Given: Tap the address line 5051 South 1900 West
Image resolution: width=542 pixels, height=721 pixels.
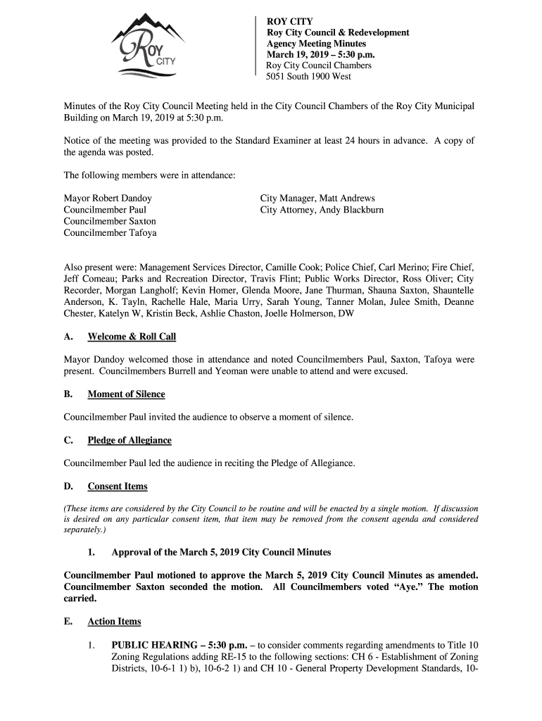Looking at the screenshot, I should [308, 77].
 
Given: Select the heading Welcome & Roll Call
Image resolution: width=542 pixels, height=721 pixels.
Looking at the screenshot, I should [132, 337].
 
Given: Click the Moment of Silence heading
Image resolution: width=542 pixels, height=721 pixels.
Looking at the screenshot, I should [126, 394].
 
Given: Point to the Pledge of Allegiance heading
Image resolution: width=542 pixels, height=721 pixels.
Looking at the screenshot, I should [130, 441].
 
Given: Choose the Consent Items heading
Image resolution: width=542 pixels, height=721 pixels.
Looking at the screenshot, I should [118, 487].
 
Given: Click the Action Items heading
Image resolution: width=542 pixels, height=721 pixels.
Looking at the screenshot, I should [114, 622].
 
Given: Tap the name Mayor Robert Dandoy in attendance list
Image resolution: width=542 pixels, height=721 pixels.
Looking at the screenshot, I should [108, 199].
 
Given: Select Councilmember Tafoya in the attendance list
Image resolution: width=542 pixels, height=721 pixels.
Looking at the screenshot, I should [110, 233].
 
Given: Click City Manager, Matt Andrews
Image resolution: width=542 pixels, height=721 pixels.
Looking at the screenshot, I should [317, 199].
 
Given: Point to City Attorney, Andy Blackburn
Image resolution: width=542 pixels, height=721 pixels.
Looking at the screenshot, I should [322, 211].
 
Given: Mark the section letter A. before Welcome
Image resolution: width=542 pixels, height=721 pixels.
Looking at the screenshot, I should [68, 337].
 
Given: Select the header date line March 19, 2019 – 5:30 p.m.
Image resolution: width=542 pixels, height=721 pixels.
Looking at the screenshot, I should [320, 55].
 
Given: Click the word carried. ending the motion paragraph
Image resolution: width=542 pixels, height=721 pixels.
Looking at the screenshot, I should [80, 598].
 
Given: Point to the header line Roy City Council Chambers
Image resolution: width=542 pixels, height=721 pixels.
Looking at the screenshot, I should [318, 65].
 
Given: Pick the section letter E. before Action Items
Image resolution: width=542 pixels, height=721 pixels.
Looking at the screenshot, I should [68, 622].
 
